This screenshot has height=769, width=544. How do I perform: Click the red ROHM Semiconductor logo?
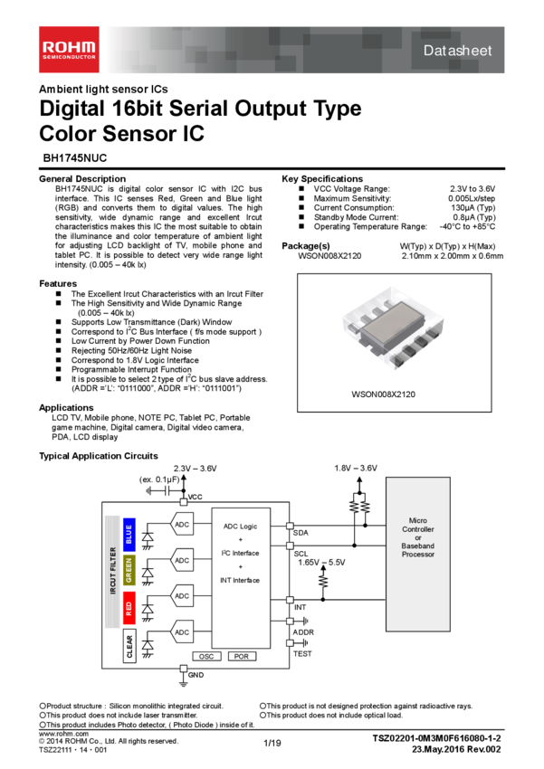click(69, 50)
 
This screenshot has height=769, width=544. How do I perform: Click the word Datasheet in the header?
click(457, 51)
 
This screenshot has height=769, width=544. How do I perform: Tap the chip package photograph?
click(393, 327)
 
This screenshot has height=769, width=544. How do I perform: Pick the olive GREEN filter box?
click(129, 571)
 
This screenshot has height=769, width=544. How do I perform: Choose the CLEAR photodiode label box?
click(129, 648)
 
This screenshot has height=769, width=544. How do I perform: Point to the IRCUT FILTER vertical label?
click(112, 572)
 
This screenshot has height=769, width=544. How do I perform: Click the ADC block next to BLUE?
click(182, 525)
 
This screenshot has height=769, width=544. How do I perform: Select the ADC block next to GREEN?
click(182, 561)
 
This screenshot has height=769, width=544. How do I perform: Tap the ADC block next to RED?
click(182, 596)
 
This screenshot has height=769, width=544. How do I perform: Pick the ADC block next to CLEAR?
click(182, 632)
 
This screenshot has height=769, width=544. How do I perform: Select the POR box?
click(241, 656)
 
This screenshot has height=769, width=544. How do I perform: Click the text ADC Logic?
click(241, 526)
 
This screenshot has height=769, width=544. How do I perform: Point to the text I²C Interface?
click(241, 553)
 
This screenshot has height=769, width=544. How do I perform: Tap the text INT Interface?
click(241, 580)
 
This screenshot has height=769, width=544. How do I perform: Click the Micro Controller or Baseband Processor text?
click(418, 537)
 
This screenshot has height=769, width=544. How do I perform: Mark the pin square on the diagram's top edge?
click(184, 502)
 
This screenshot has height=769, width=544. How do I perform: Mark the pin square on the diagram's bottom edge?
click(184, 669)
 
